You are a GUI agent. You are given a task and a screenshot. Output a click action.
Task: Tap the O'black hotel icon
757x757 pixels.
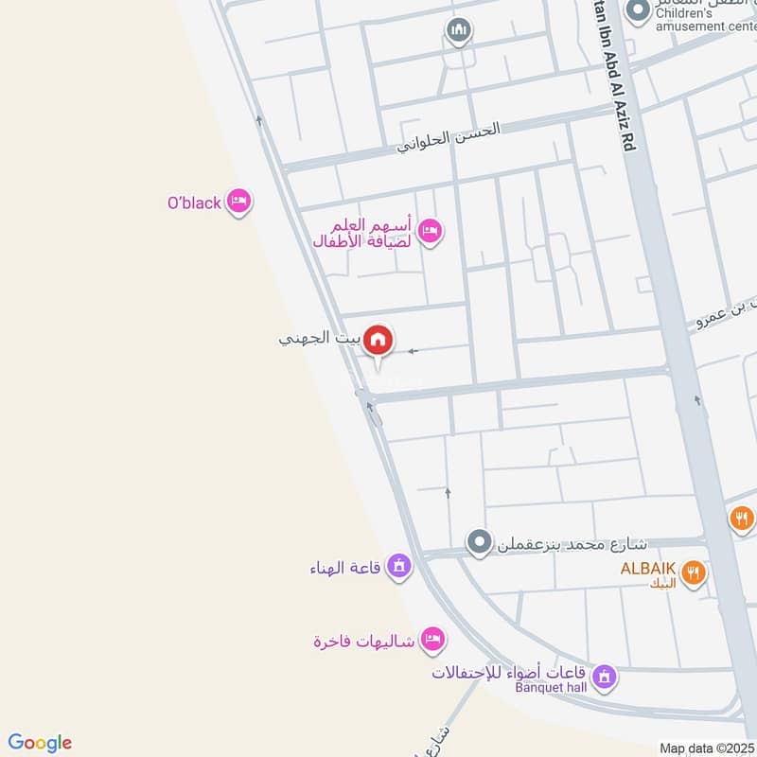tap(239, 202)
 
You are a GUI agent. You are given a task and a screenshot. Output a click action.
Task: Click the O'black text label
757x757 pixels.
tap(194, 202)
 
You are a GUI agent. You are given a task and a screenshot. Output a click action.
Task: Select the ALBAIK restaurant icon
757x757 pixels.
tap(694, 572)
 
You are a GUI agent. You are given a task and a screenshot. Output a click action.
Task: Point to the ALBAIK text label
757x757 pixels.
tap(647, 569)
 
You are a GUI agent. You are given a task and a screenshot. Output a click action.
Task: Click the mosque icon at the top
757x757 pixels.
tap(459, 32)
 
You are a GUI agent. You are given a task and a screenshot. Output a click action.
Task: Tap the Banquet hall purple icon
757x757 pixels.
tap(605, 678)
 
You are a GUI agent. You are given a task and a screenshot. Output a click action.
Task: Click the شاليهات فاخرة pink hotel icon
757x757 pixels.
tap(432, 640)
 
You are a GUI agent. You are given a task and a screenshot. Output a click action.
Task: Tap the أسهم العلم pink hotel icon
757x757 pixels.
tap(430, 231)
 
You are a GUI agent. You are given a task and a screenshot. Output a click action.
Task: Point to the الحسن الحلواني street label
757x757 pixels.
tap(449, 137)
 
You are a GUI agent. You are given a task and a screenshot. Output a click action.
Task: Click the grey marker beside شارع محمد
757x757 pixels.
tap(480, 543)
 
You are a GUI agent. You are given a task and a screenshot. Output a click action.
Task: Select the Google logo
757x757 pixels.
tap(40, 743)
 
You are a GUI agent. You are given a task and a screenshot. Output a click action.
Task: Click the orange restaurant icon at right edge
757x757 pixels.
tap(741, 519)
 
